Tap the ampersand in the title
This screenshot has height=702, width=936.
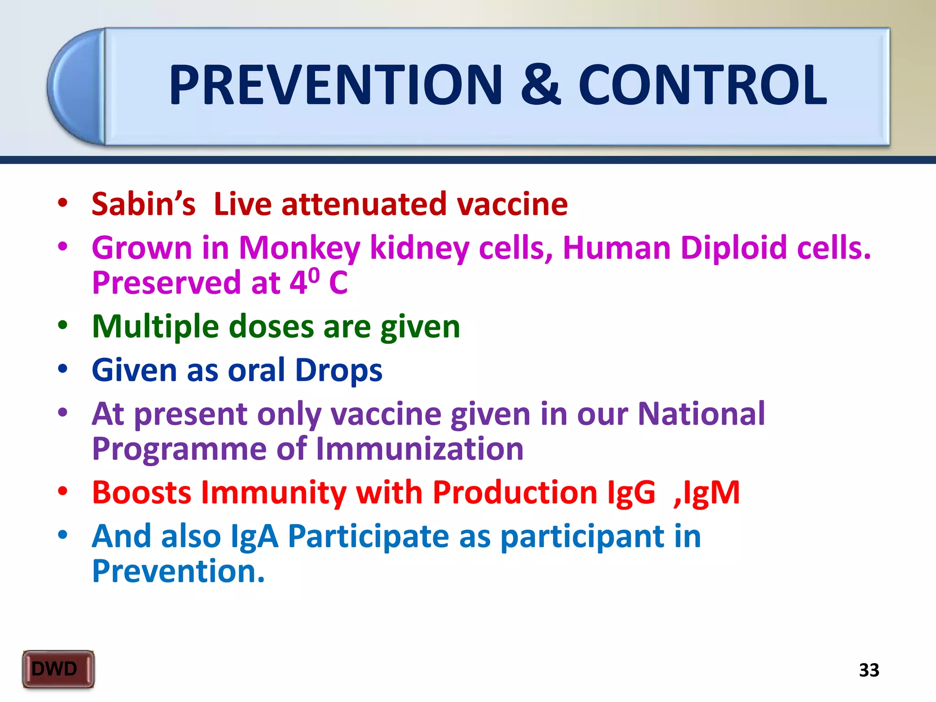tap(540, 85)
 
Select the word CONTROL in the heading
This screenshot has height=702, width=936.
tap(702, 85)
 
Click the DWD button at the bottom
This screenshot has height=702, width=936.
tap(58, 669)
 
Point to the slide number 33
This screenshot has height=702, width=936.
tap(869, 670)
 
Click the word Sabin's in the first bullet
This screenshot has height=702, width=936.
tap(144, 204)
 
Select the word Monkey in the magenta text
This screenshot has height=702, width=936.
tap(299, 248)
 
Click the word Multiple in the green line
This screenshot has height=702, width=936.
tap(155, 327)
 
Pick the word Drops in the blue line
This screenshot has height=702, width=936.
tap(339, 370)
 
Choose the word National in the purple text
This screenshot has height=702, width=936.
tap(701, 414)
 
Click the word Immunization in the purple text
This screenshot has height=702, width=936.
tap(420, 449)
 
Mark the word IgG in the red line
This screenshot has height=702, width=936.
tap(631, 493)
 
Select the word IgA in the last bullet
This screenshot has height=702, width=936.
tap(255, 536)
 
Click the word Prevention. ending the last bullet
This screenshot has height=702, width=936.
tap(178, 571)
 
